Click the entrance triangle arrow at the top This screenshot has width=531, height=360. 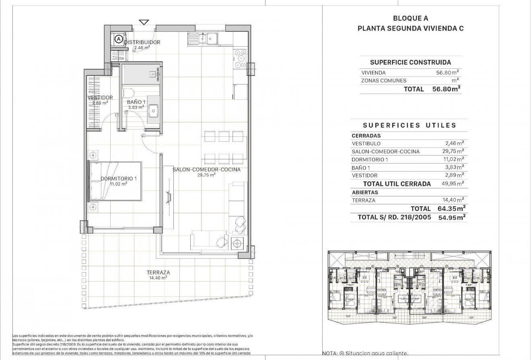click(x=144, y=22)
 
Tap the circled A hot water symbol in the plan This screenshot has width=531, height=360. click(x=118, y=39)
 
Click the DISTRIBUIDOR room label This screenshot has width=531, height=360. click(x=142, y=42)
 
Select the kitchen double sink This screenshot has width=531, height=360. click(x=203, y=39)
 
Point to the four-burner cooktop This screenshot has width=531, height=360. click(x=241, y=58)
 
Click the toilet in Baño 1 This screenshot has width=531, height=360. click(x=128, y=93)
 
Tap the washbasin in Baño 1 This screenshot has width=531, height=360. click(x=153, y=109)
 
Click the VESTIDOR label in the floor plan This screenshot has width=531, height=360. click(x=100, y=97)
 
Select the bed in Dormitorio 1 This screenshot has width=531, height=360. click(x=115, y=181)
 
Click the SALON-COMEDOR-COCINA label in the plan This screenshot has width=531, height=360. click(x=206, y=170)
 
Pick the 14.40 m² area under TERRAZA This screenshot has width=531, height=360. click(x=158, y=278)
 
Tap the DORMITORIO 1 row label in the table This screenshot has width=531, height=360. click(x=369, y=160)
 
